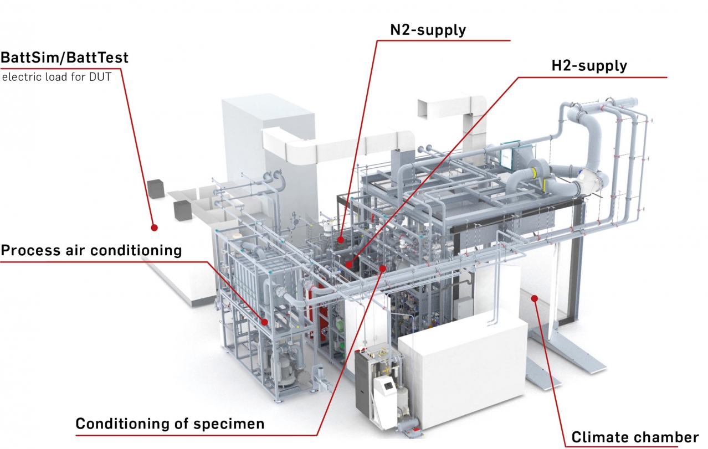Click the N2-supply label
click(428, 30)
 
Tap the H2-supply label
click(589, 66)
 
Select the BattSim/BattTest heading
click(64, 58)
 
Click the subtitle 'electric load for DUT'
click(57, 77)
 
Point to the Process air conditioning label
click(91, 251)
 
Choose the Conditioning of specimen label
click(170, 424)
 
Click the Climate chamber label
click(635, 437)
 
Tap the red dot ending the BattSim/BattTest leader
click(154, 228)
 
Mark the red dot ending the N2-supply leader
click(340, 240)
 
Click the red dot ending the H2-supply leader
click(348, 264)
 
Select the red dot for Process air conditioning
click(265, 322)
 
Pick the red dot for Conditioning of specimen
click(382, 269)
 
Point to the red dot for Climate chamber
click(535, 298)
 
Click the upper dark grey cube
click(156, 189)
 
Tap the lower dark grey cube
click(182, 210)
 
